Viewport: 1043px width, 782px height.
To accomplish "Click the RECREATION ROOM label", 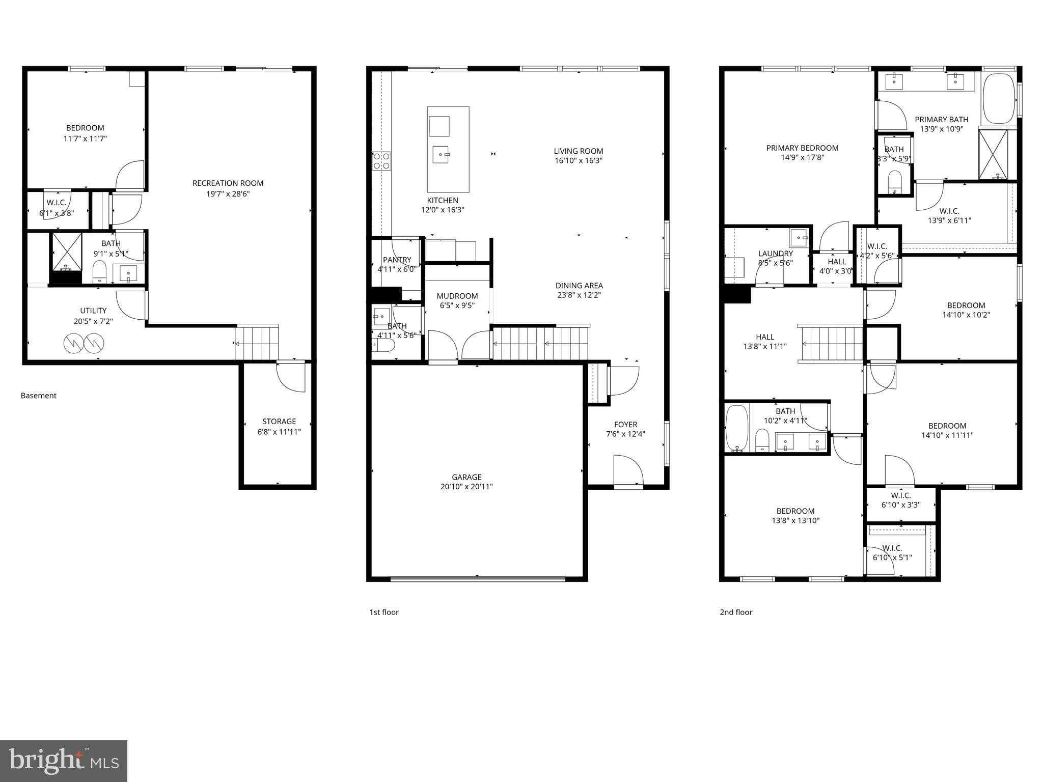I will pyautogui.click(x=228, y=183).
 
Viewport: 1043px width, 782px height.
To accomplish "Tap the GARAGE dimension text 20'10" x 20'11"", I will pyautogui.click(x=466, y=487).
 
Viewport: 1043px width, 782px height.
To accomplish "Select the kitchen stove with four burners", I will pyautogui.click(x=381, y=161).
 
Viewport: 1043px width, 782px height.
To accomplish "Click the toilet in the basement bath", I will pyautogui.click(x=99, y=271).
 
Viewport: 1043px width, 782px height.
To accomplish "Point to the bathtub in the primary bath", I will pyautogui.click(x=999, y=99).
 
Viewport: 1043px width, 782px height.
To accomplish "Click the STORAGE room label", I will pyautogui.click(x=279, y=422).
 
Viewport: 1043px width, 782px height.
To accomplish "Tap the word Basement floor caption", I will pyautogui.click(x=39, y=396).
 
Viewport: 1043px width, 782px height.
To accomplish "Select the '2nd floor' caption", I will pyautogui.click(x=735, y=612).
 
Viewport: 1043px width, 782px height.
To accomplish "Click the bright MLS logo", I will pyautogui.click(x=64, y=761).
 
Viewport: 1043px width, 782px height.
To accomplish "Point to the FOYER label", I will pyautogui.click(x=625, y=425).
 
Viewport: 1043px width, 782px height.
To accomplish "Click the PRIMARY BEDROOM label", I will pyautogui.click(x=802, y=148).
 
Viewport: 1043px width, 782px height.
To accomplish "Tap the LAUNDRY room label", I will pyautogui.click(x=775, y=254).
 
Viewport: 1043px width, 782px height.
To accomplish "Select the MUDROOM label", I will pyautogui.click(x=457, y=296).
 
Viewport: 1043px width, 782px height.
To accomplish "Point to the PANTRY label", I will pyautogui.click(x=397, y=260).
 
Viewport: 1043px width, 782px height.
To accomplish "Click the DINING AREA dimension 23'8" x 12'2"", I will pyautogui.click(x=579, y=295).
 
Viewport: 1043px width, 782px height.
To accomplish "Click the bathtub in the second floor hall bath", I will pyautogui.click(x=736, y=428).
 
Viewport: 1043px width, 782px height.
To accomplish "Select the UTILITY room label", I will pyautogui.click(x=93, y=311).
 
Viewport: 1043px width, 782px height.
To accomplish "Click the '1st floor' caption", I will pyautogui.click(x=383, y=612).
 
